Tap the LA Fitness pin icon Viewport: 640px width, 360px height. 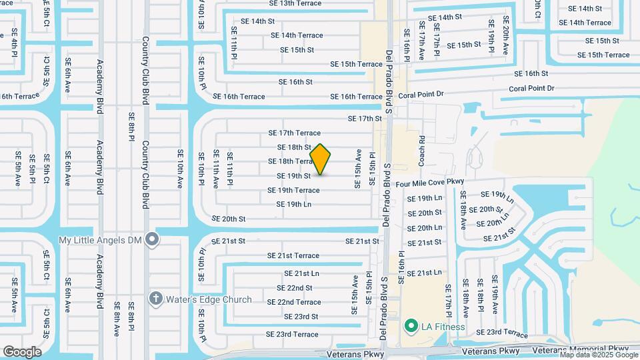(411, 326)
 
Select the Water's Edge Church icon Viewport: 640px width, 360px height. (155, 299)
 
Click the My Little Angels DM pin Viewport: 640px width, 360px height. (153, 239)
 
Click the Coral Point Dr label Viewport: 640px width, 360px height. (531, 88)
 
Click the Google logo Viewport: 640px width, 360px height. (22, 351)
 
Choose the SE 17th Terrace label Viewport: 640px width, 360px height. (294, 133)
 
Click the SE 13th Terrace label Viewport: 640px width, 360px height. (295, 3)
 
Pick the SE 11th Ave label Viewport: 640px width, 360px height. (216, 169)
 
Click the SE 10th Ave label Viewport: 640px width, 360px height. (180, 169)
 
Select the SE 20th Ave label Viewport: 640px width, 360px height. (506, 36)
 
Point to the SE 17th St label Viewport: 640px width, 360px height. (364, 119)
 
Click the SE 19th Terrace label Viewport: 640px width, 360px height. (293, 190)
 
